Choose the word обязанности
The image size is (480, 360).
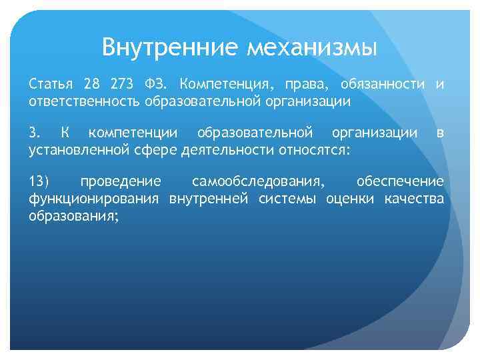(x=383, y=85)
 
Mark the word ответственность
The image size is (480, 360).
(x=84, y=101)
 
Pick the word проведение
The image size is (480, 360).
(x=120, y=182)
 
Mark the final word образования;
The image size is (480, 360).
(x=74, y=215)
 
